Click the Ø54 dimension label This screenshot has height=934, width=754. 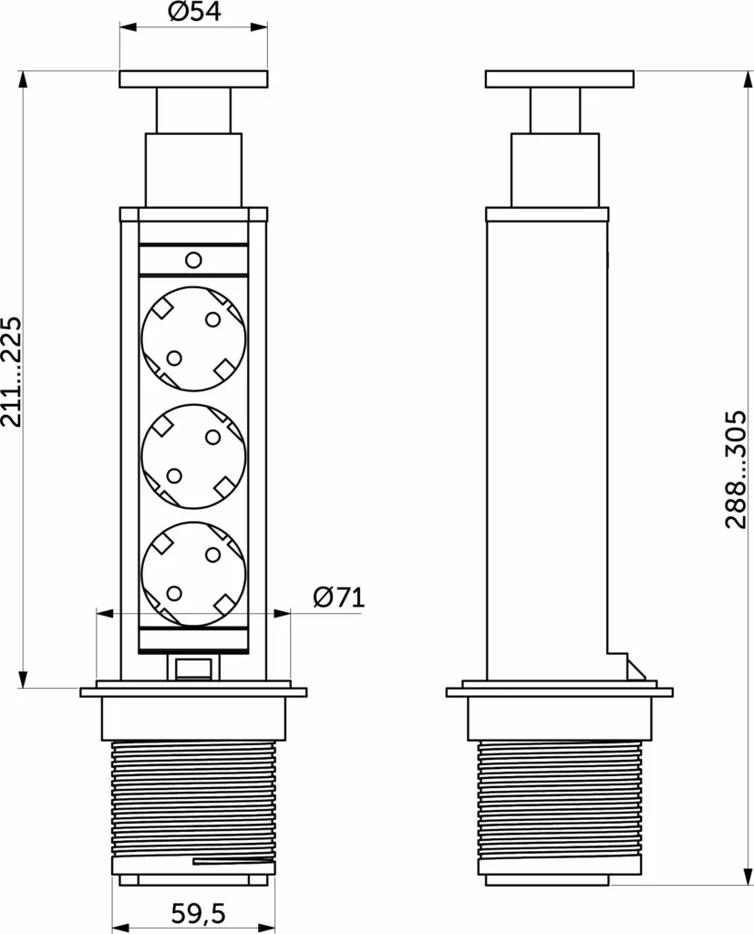coord(194,11)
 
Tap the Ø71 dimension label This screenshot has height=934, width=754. coord(338,597)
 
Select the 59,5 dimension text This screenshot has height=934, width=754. coord(198,913)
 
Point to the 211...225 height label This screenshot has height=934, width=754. coord(12,372)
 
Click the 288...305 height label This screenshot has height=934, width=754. coord(736,470)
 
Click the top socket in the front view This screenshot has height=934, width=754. coord(193,338)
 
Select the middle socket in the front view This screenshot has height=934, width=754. coord(193,456)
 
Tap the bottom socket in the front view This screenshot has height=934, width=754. coord(193,575)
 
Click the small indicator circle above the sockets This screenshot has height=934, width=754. coord(193,260)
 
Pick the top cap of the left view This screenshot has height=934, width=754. coord(193,79)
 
